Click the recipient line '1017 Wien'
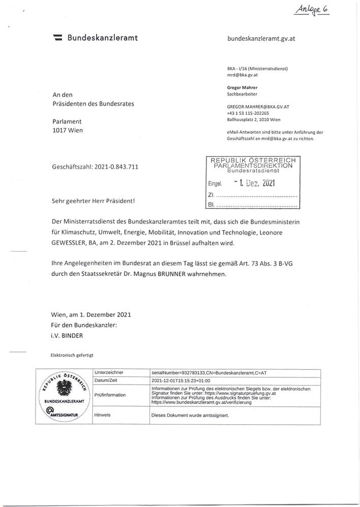(x=68, y=131)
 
